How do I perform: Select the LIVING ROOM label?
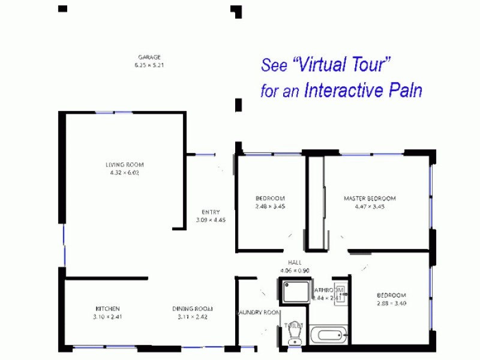point(125,165)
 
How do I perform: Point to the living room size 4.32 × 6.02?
point(125,172)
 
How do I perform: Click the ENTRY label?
point(211,212)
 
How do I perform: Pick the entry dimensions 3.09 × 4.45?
point(211,220)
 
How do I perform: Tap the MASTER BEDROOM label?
point(370,199)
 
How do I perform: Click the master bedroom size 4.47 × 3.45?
point(370,206)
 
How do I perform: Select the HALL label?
point(295,263)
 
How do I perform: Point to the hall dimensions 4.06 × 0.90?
point(295,271)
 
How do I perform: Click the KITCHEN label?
point(107,309)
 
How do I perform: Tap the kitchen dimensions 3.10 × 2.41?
point(107,316)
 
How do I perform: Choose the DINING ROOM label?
point(192,309)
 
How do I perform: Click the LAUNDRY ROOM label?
point(258,313)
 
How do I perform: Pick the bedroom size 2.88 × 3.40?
point(391,303)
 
